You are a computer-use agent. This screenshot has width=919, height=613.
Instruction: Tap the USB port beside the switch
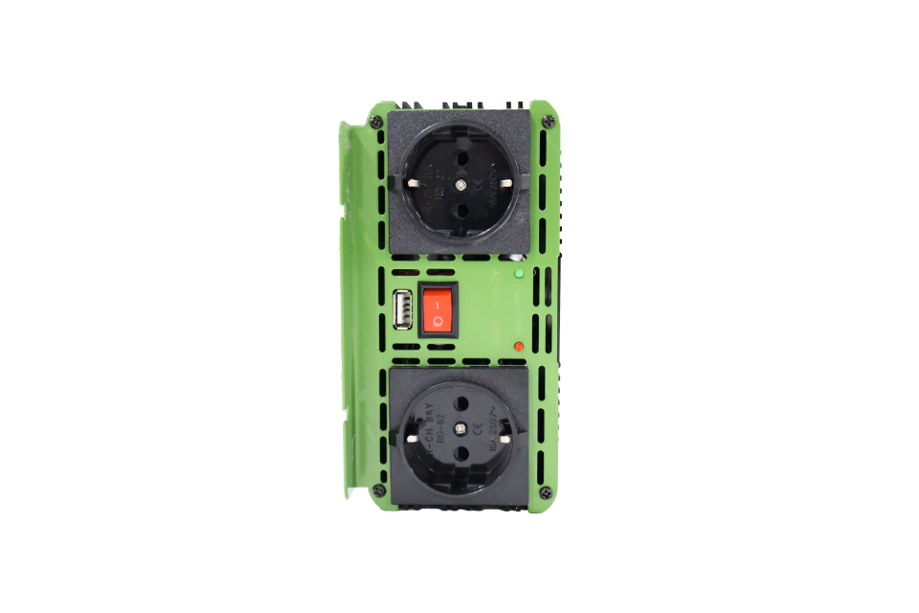(403, 309)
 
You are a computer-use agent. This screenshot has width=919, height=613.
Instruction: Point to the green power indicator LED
(518, 273)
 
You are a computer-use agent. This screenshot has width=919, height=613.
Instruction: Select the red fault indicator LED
(518, 345)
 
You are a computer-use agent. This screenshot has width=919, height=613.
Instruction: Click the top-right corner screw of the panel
(548, 121)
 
